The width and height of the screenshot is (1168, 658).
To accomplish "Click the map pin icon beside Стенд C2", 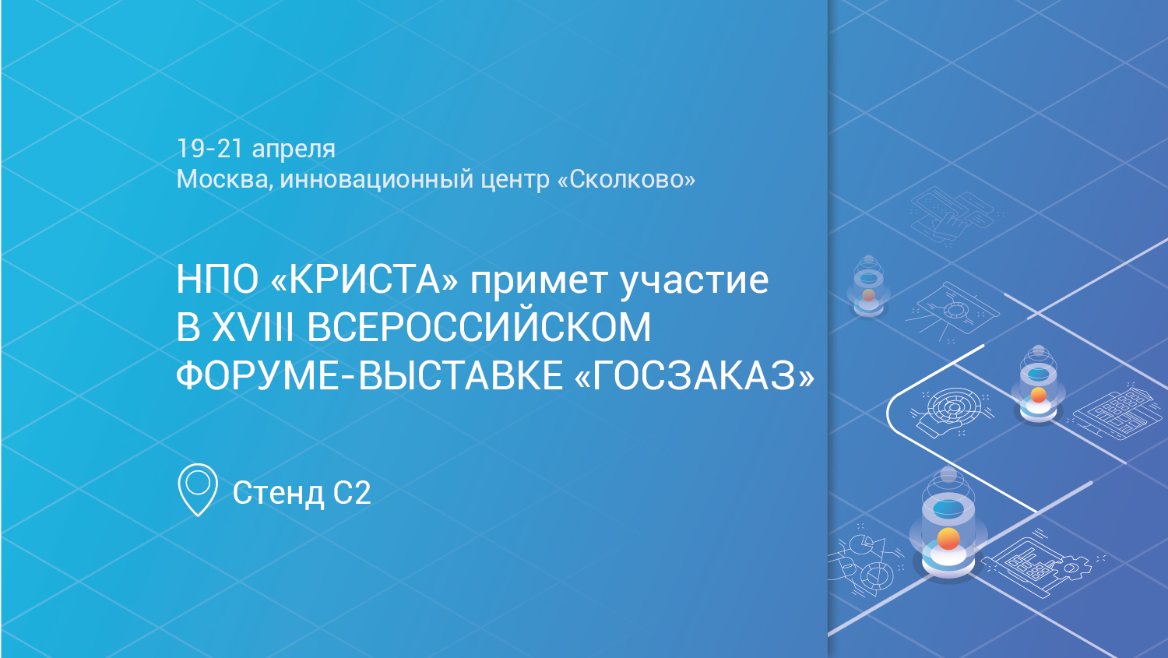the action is (x=198, y=490).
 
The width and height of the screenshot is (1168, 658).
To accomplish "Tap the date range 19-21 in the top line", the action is (x=210, y=149).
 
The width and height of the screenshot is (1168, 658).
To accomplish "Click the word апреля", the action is (x=294, y=150).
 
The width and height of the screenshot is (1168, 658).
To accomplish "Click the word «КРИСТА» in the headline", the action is (x=365, y=280).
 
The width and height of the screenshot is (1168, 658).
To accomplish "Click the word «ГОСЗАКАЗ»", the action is (x=694, y=375).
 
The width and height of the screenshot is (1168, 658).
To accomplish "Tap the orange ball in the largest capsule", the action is (x=948, y=539).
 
